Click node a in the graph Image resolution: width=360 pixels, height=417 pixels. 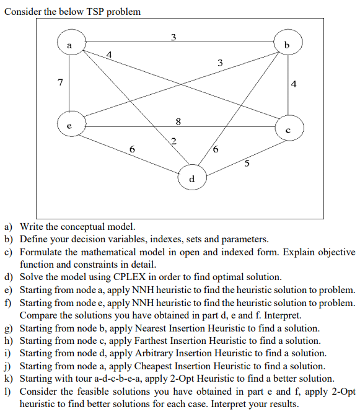click(69, 45)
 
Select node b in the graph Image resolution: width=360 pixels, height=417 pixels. click(286, 45)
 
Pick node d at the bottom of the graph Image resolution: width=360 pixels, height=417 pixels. click(191, 178)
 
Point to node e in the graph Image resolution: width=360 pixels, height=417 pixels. click(69, 124)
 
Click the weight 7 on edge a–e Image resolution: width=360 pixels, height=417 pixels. click(59, 82)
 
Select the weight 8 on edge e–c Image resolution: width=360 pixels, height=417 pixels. click(178, 121)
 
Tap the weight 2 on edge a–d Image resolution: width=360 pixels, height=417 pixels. click(174, 141)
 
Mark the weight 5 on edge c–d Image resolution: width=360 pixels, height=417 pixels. click(247, 164)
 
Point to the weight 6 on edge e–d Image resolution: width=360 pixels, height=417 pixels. click(132, 149)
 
